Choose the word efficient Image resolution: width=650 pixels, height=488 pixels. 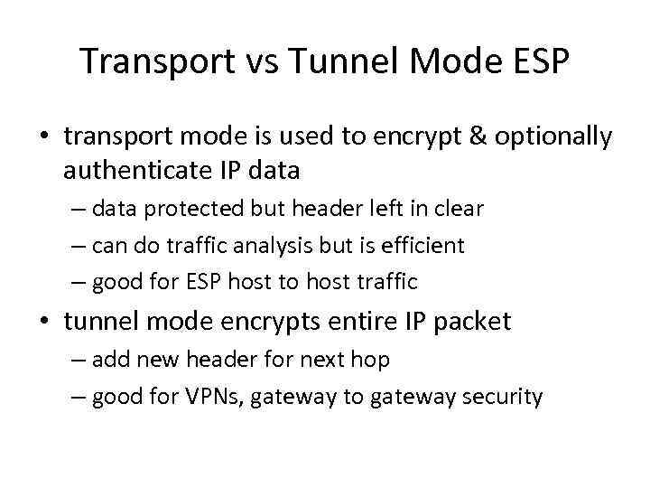(423, 245)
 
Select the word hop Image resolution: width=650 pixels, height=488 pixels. (372, 361)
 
